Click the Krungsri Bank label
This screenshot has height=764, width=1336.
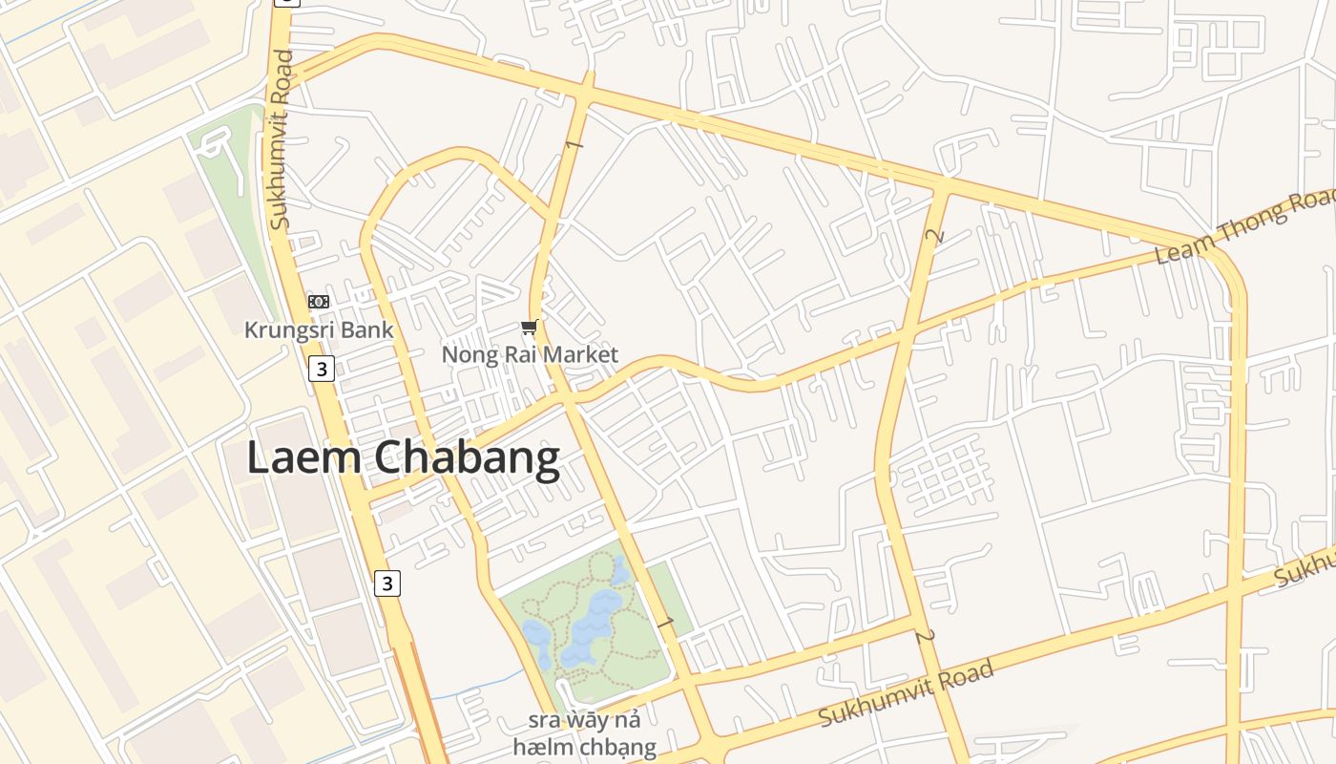319,330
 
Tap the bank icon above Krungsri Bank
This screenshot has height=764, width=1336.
319,302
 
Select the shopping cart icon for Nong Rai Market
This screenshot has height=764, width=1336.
530,328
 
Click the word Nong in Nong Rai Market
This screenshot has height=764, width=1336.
469,355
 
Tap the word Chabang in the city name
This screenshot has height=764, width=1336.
467,457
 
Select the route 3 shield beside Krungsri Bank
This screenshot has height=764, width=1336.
322,368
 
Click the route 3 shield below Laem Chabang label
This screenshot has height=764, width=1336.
386,583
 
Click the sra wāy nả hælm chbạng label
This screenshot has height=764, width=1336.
584,732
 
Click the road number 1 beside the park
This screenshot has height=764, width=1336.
665,623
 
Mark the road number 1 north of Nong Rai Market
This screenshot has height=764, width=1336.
573,144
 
